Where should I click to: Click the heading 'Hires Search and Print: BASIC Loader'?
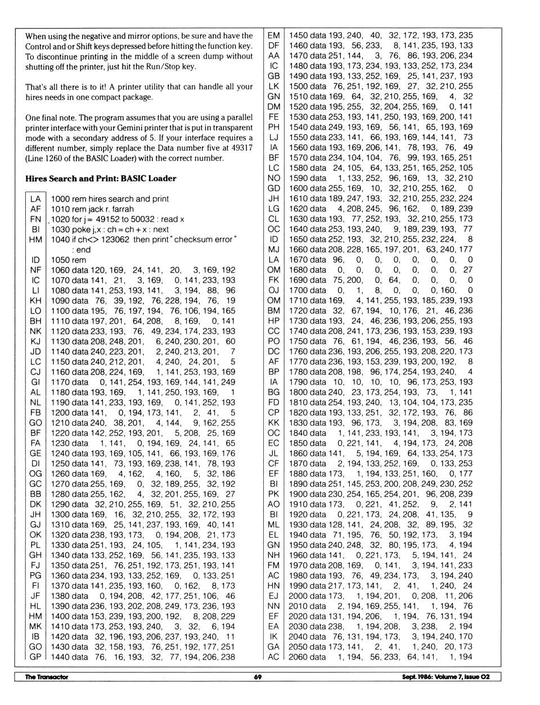click(x=101, y=179)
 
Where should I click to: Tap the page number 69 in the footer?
click(x=258, y=677)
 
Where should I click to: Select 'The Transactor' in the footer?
click(x=46, y=677)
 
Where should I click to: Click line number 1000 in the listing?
click(x=60, y=199)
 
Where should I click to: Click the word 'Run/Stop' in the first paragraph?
click(x=178, y=66)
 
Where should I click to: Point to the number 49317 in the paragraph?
click(x=242, y=148)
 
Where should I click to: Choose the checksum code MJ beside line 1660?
click(x=273, y=250)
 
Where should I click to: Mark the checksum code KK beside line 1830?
click(x=273, y=423)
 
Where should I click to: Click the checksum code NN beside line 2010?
click(x=273, y=606)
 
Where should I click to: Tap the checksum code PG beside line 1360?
click(x=35, y=576)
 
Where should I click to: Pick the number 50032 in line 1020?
click(x=142, y=219)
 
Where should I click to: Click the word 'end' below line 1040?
click(x=83, y=250)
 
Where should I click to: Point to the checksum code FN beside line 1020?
click(x=35, y=219)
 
